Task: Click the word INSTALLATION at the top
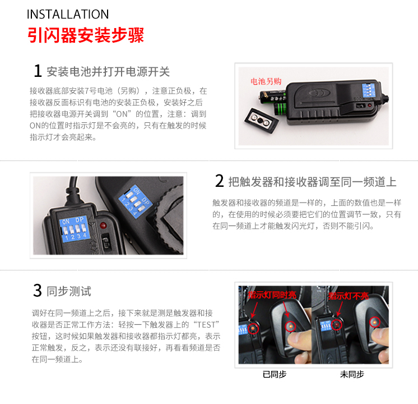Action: pos(68,14)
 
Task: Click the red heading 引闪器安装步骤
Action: pos(86,35)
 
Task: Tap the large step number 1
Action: pos(38,71)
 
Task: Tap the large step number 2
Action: pos(220,181)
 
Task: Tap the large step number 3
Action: pos(38,291)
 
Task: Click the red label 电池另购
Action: pos(266,81)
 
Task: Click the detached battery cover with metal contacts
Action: pos(262,120)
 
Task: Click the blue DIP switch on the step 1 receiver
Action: pos(369,90)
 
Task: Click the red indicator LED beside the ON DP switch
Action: pos(103,226)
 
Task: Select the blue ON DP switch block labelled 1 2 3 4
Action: pos(74,228)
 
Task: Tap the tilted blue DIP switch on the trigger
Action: pos(135,201)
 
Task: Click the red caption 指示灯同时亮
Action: pos(272,295)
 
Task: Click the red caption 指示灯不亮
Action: pos(348,296)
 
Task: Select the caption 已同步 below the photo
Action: pos(275,374)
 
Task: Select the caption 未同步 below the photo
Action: pos(352,374)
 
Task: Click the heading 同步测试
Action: pos(69,291)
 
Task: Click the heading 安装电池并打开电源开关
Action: pos(108,72)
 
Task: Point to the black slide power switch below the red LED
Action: pos(106,241)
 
